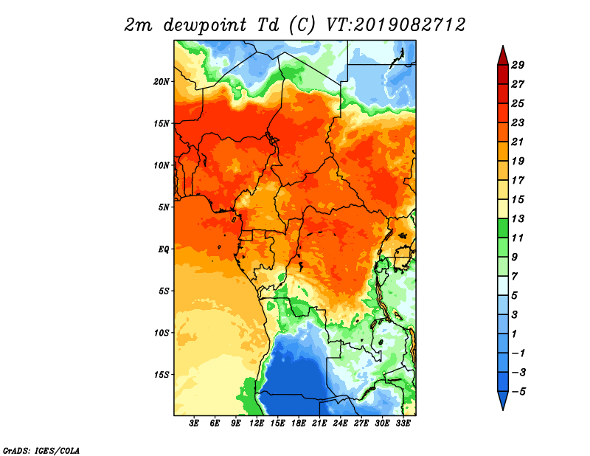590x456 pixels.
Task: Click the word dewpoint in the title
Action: point(205,26)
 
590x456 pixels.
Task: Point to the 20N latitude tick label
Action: point(161,82)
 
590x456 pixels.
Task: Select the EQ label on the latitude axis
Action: point(164,249)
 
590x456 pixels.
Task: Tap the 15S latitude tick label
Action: point(161,375)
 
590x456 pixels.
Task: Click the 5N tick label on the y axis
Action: point(164,207)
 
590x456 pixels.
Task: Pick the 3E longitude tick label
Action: point(194,423)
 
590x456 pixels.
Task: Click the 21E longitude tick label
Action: point(319,423)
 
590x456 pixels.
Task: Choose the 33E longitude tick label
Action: point(403,423)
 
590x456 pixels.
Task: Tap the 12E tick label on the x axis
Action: point(257,423)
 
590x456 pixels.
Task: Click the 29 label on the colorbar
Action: point(518,65)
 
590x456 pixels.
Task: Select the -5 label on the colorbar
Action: point(518,392)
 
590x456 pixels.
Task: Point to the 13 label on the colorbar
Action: point(518,218)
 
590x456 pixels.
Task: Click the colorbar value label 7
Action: point(514,277)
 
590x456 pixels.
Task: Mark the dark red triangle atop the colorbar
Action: point(503,57)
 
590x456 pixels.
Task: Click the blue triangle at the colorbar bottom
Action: point(503,400)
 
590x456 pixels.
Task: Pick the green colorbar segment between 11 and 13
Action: point(503,228)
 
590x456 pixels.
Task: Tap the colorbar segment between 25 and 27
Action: point(503,94)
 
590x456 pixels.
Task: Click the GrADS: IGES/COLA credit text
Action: point(41,450)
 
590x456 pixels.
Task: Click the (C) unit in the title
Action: point(302,26)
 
